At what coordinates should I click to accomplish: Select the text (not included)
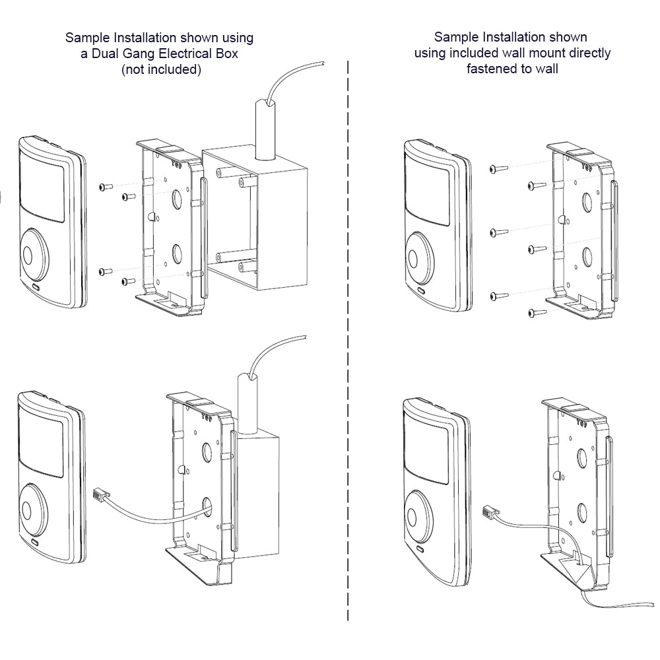click(x=161, y=69)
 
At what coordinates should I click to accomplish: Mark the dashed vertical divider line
click(x=348, y=340)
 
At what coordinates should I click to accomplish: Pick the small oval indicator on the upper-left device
click(x=34, y=289)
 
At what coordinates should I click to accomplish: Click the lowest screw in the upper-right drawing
click(x=537, y=313)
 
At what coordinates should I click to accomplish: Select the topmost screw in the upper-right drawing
click(x=499, y=169)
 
